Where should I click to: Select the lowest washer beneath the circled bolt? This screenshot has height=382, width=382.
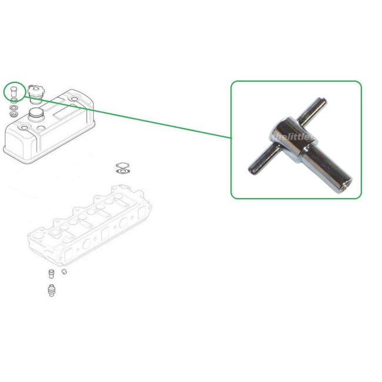click(x=14, y=110)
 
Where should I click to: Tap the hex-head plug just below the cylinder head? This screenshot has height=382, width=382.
click(x=51, y=273)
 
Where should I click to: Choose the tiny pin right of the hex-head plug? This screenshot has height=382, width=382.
click(x=65, y=272)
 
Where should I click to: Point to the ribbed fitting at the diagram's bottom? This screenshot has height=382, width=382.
click(x=51, y=290)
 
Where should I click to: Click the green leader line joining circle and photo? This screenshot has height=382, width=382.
click(x=129, y=118)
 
